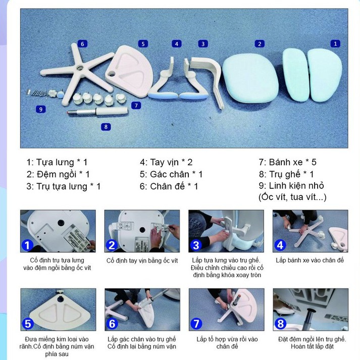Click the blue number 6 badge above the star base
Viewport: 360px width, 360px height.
[x=82, y=44]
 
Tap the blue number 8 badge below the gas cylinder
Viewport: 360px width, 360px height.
[x=106, y=127]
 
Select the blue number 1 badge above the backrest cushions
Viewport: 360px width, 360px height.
[x=335, y=43]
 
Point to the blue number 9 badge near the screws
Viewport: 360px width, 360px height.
[x=41, y=109]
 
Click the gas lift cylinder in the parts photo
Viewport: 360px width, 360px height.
[x=97, y=112]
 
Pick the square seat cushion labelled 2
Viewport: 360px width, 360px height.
[x=250, y=78]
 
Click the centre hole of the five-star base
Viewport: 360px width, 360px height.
[x=80, y=68]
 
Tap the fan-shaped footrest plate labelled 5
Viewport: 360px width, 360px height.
[x=129, y=71]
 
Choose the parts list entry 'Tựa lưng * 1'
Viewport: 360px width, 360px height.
[x=57, y=162]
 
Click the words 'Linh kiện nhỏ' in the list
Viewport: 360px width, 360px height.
[x=296, y=185]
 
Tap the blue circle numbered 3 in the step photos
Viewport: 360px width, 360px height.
[x=196, y=245]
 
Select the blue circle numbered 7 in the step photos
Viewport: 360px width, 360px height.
[x=196, y=324]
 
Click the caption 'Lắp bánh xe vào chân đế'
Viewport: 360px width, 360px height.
[x=310, y=260]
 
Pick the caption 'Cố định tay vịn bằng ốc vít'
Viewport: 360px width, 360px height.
[x=142, y=261]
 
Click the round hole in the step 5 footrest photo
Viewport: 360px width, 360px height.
[x=61, y=299]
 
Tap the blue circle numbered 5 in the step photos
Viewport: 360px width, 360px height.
[x=28, y=324]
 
